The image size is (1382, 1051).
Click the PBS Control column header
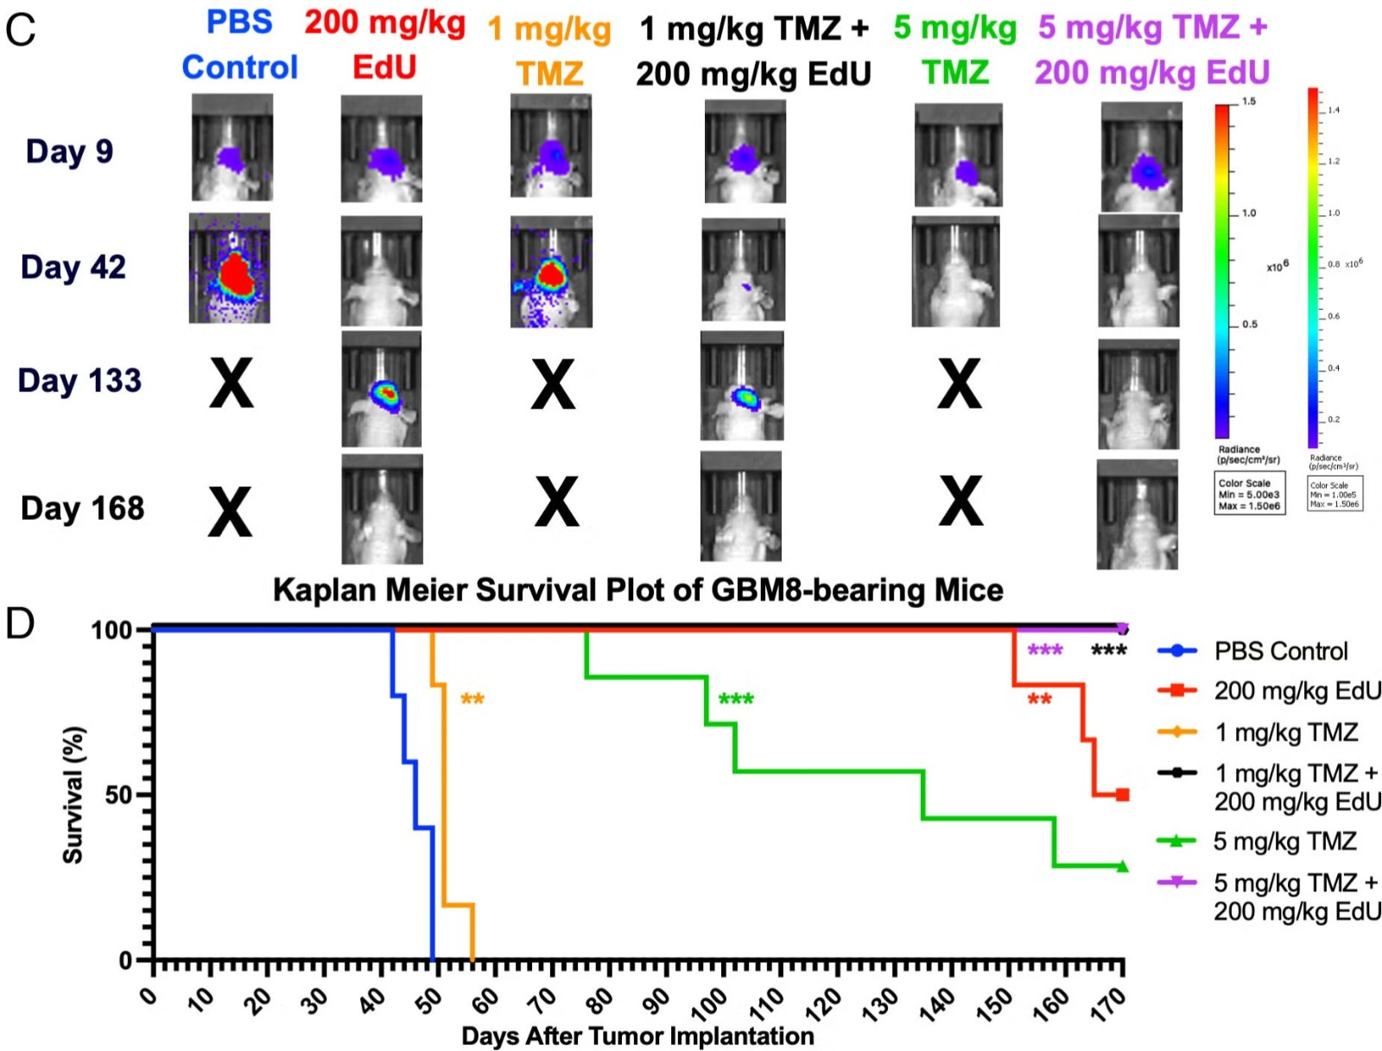pyautogui.click(x=239, y=45)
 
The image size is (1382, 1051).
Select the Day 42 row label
pyautogui.click(x=73, y=268)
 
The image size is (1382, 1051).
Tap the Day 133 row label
pyautogui.click(x=79, y=381)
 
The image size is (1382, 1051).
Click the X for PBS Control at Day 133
pyautogui.click(x=231, y=384)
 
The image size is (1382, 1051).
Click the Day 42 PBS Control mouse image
pyautogui.click(x=230, y=269)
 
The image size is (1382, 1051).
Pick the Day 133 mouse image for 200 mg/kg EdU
pyautogui.click(x=382, y=389)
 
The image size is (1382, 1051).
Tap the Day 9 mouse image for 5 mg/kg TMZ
pyautogui.click(x=958, y=155)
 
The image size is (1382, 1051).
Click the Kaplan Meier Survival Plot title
pyautogui.click(x=637, y=591)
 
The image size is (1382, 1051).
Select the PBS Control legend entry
pyautogui.click(x=1280, y=651)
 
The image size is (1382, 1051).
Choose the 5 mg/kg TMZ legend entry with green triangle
pyautogui.click(x=1284, y=841)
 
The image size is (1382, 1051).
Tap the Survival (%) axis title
pyautogui.click(x=73, y=795)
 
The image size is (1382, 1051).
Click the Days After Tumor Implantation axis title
pyautogui.click(x=637, y=1035)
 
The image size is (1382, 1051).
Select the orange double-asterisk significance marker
pyautogui.click(x=472, y=699)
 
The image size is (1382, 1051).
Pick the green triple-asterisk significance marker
pyautogui.click(x=736, y=699)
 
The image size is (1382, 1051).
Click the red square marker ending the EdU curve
pyautogui.click(x=1122, y=795)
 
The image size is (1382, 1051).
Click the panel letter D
pyautogui.click(x=19, y=624)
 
